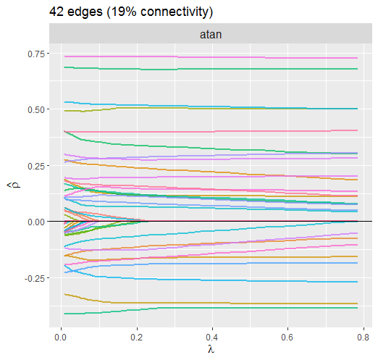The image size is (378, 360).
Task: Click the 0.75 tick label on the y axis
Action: [36, 54]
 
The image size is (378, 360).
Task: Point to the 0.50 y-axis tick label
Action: [36, 110]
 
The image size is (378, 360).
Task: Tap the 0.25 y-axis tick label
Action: [36, 166]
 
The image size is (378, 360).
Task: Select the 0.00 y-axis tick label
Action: [36, 222]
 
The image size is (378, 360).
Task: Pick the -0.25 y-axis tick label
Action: [35, 278]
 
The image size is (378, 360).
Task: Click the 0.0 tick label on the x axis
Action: [61, 337]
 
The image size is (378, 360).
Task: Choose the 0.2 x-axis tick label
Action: [137, 337]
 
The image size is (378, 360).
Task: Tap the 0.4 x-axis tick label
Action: [212, 337]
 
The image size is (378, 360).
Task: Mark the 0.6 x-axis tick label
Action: [287, 337]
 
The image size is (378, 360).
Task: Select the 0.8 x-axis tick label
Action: [364, 337]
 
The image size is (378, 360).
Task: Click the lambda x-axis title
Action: [211, 349]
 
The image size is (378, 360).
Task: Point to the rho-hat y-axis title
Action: [14, 185]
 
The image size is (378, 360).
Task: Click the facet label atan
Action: [211, 34]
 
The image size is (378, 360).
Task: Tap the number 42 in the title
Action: [56, 12]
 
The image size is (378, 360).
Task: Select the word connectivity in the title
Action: [175, 12]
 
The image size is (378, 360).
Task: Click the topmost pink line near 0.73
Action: [211, 57]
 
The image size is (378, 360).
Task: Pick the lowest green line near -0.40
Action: [211, 309]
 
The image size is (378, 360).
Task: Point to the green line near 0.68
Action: [211, 69]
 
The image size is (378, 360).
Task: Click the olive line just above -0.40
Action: [211, 303]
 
